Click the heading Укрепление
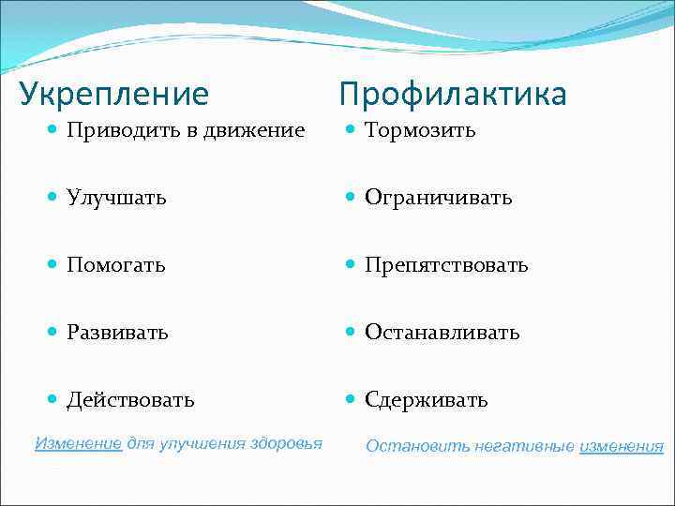coord(114,95)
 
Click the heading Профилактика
coord(453,95)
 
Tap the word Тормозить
coord(420,130)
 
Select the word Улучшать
coord(116,198)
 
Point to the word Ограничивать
coord(438,198)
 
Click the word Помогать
coord(116,265)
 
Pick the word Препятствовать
coord(446,265)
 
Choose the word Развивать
coord(117,333)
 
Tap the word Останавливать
coord(442,333)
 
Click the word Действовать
coord(130,400)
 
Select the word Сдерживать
coord(426,400)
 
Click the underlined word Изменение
coord(78,443)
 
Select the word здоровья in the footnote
coord(286,443)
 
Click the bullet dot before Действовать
coord(53,400)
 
